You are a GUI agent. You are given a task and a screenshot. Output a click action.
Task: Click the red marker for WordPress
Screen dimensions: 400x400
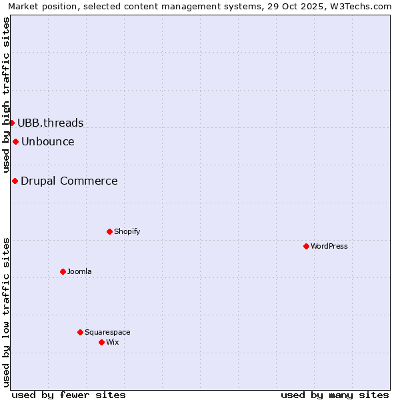point(306,246)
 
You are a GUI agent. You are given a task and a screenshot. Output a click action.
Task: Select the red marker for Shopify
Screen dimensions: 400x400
point(109,231)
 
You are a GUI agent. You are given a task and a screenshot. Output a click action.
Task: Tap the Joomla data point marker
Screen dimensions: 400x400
point(63,271)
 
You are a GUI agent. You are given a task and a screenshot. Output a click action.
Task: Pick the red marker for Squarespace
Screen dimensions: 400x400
point(80,332)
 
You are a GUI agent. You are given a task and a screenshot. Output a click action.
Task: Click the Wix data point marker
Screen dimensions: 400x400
point(101,342)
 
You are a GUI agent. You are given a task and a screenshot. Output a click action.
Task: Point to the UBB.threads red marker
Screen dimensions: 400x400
point(11,123)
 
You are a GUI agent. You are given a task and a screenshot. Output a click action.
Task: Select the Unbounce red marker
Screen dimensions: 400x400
point(15,141)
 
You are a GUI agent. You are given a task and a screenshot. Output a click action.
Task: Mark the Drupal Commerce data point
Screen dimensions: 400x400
point(15,181)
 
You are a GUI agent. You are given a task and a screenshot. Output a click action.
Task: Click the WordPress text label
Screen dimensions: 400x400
point(329,246)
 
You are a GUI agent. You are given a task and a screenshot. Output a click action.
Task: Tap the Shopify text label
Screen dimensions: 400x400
point(127,231)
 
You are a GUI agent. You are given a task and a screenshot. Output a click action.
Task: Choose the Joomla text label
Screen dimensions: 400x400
point(79,271)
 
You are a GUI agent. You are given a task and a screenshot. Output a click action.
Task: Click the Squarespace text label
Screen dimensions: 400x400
point(107,332)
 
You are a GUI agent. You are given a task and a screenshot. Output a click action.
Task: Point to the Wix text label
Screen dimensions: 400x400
point(113,342)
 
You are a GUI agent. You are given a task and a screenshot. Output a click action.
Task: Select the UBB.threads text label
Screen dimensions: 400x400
point(51,123)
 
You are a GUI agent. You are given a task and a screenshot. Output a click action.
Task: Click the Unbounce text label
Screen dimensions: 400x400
point(48,141)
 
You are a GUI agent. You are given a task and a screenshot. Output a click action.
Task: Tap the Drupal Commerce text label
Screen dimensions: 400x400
point(69,181)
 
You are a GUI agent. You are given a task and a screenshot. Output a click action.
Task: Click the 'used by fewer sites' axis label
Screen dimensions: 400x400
point(69,395)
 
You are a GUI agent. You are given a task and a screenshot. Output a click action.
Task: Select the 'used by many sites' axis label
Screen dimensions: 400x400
point(335,395)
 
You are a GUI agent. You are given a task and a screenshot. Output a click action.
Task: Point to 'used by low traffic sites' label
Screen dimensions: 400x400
point(7,311)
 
